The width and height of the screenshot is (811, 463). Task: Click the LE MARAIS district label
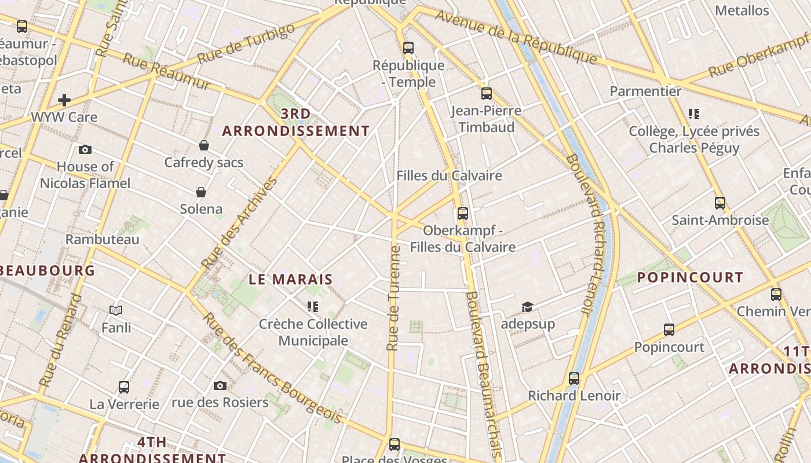pos(291,279)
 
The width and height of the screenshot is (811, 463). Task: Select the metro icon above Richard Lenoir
pos(574,379)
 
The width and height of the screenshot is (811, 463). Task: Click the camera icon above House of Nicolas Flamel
pos(85,149)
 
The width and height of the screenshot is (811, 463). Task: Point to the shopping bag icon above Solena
pos(201,192)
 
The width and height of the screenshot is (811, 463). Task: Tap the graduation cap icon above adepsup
pos(527,306)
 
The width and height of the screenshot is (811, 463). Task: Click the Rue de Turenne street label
pos(394,298)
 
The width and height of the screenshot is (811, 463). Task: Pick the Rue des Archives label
pos(239,223)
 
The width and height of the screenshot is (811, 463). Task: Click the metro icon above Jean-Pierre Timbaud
pos(487,93)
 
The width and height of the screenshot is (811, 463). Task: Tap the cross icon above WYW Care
pos(64,100)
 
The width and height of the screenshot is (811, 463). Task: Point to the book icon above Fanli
pos(116,311)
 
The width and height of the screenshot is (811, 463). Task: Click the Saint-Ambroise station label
pos(720,220)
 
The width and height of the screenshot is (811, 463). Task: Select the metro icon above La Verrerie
pos(124,387)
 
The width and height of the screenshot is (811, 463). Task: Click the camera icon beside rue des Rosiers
pos(220,385)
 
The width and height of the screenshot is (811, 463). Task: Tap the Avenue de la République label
pos(516,36)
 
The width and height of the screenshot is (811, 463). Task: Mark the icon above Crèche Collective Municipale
pos(313,306)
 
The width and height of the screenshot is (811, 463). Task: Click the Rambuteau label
pos(103,239)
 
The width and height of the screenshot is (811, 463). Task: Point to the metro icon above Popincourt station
pos(669,330)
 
